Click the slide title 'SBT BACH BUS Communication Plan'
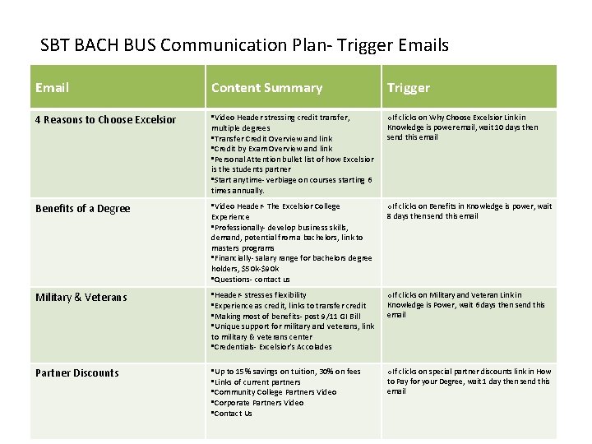point(244,45)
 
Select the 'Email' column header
point(53,87)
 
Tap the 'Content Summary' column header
point(266,87)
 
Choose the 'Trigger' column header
point(408,87)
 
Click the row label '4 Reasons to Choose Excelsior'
point(106,120)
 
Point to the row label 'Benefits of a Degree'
point(82,209)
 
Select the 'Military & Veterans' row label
point(81,297)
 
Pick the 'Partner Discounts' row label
point(77,373)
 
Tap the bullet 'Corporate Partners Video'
point(258,403)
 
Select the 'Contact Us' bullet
point(233,414)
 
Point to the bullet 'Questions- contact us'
point(251,280)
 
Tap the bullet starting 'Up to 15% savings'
point(286,372)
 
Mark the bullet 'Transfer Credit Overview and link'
point(272,139)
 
